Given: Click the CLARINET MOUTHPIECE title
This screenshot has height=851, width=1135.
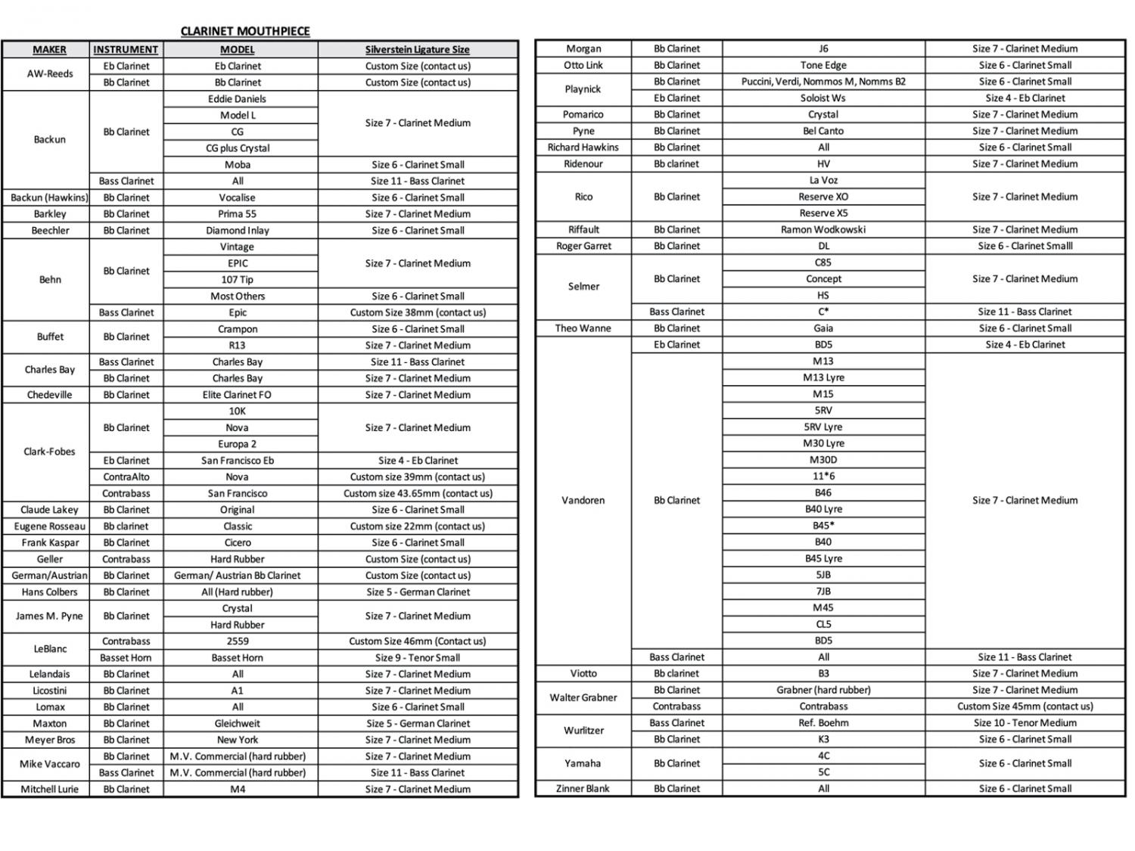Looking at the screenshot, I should tap(245, 31).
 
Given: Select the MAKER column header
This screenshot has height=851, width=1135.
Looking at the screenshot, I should tap(49, 50).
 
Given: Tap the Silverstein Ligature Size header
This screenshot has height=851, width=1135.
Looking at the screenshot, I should tap(418, 50).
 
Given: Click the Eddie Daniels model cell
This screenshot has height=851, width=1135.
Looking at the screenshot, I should tap(238, 99).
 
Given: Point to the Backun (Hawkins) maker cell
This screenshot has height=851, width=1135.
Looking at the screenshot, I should tap(49, 197).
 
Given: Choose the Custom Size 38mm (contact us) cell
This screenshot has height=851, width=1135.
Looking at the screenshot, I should tap(418, 312).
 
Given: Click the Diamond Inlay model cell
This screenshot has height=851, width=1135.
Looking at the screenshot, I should tap(238, 231).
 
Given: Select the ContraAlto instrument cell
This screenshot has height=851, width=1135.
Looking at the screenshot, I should tap(126, 477).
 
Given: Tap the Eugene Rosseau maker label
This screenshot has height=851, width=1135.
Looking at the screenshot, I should tap(49, 526).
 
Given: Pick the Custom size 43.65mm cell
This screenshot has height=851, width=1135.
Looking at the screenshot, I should tap(418, 493).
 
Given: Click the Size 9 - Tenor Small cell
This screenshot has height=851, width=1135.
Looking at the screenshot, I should tap(418, 658).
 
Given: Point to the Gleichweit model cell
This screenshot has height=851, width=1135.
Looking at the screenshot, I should tap(238, 724).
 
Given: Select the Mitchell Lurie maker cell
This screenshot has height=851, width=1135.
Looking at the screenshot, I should tap(49, 790).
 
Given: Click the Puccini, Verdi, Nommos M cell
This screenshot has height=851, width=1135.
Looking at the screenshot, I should tap(823, 82).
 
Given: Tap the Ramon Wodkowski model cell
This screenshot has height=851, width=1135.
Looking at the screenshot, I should tap(823, 230).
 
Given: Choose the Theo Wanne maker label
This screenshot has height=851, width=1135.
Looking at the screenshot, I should tap(583, 328).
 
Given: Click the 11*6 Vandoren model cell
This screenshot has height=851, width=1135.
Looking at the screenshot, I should tap(823, 477).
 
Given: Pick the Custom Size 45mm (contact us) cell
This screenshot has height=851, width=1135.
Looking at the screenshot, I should tap(1025, 707).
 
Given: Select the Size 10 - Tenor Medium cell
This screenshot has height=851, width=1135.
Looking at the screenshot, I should tap(1025, 723).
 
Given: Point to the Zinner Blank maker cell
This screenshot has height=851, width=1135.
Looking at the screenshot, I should tap(583, 789).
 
